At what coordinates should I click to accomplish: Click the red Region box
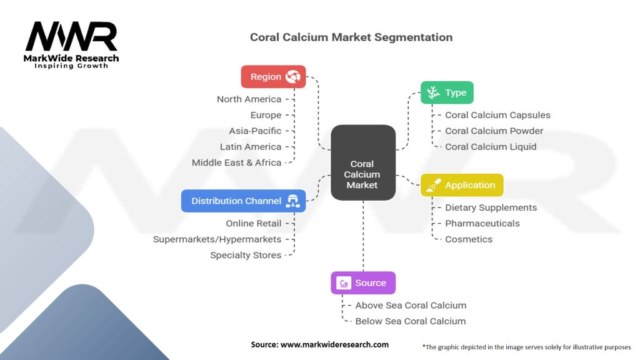click(x=273, y=76)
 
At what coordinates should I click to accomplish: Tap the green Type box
click(x=447, y=92)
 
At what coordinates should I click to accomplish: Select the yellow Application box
click(x=461, y=185)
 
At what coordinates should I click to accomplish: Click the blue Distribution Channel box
click(x=243, y=201)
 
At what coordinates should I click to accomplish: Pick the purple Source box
click(x=363, y=282)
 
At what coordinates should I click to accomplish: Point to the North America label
click(x=249, y=99)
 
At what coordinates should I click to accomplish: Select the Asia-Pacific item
click(x=255, y=131)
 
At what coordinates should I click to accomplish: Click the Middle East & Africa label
click(x=236, y=162)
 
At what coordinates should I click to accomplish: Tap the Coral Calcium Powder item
click(x=494, y=131)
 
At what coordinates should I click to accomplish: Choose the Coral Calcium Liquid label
click(x=491, y=147)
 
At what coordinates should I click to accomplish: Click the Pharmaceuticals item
click(x=482, y=223)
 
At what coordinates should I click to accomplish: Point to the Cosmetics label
click(x=468, y=239)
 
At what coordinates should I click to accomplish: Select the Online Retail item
click(x=253, y=223)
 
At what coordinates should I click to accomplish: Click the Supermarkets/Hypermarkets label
click(x=217, y=239)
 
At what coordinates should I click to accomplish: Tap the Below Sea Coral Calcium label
click(x=410, y=321)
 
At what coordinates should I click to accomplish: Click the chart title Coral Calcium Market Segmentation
click(x=351, y=37)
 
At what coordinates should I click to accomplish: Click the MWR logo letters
click(x=71, y=37)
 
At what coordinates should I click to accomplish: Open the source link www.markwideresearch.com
click(x=334, y=344)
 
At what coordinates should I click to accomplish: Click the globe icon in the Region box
click(x=292, y=76)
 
